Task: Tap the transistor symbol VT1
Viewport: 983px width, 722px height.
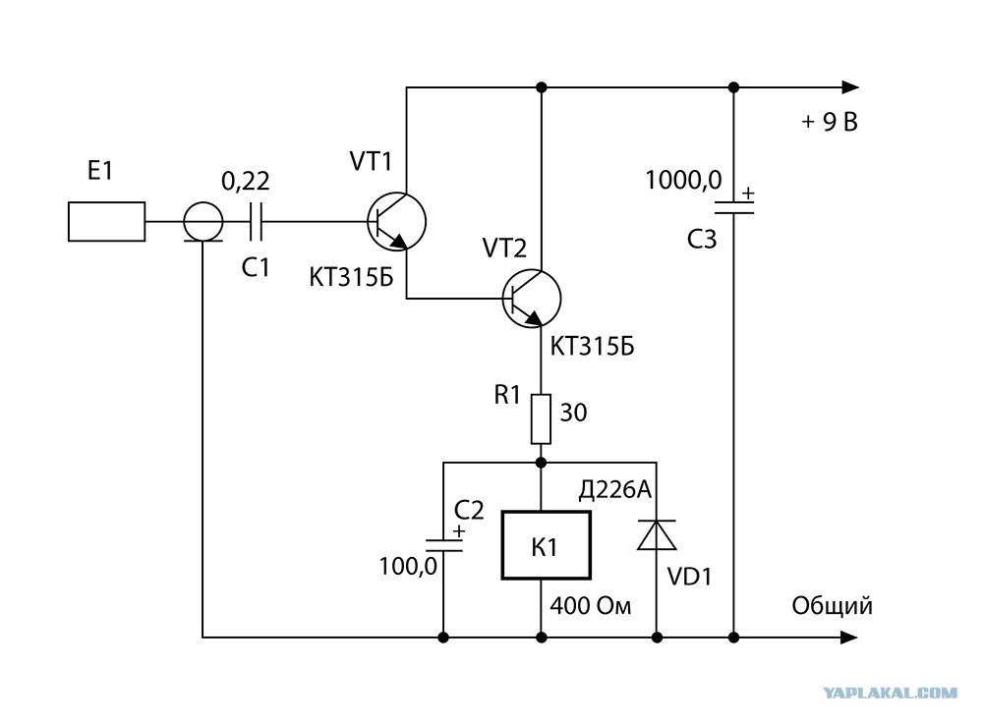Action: pyautogui.click(x=396, y=221)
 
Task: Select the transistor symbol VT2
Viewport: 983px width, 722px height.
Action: pyautogui.click(x=532, y=299)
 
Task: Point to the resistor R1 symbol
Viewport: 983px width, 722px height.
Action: pyautogui.click(x=541, y=418)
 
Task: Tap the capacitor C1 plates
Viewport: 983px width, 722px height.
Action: pyautogui.click(x=256, y=221)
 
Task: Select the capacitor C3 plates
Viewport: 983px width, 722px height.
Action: pyautogui.click(x=734, y=207)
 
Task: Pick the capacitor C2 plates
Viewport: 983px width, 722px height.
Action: pyautogui.click(x=443, y=544)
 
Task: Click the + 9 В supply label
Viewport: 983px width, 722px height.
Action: pyautogui.click(x=829, y=122)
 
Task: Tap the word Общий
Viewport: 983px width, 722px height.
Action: pyautogui.click(x=832, y=606)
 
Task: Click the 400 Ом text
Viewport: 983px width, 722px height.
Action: pyautogui.click(x=591, y=606)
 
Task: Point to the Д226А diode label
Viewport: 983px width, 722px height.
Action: pyautogui.click(x=615, y=489)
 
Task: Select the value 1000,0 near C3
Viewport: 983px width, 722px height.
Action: pyautogui.click(x=683, y=181)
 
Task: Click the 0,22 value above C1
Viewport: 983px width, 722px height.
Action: pyautogui.click(x=245, y=181)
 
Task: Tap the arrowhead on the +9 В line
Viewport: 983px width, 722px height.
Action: pyautogui.click(x=850, y=87)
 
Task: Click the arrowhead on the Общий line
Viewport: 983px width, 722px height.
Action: pyautogui.click(x=849, y=638)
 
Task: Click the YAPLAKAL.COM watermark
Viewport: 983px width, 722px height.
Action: pyautogui.click(x=891, y=693)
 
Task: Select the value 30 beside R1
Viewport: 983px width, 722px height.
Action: pyautogui.click(x=573, y=413)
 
